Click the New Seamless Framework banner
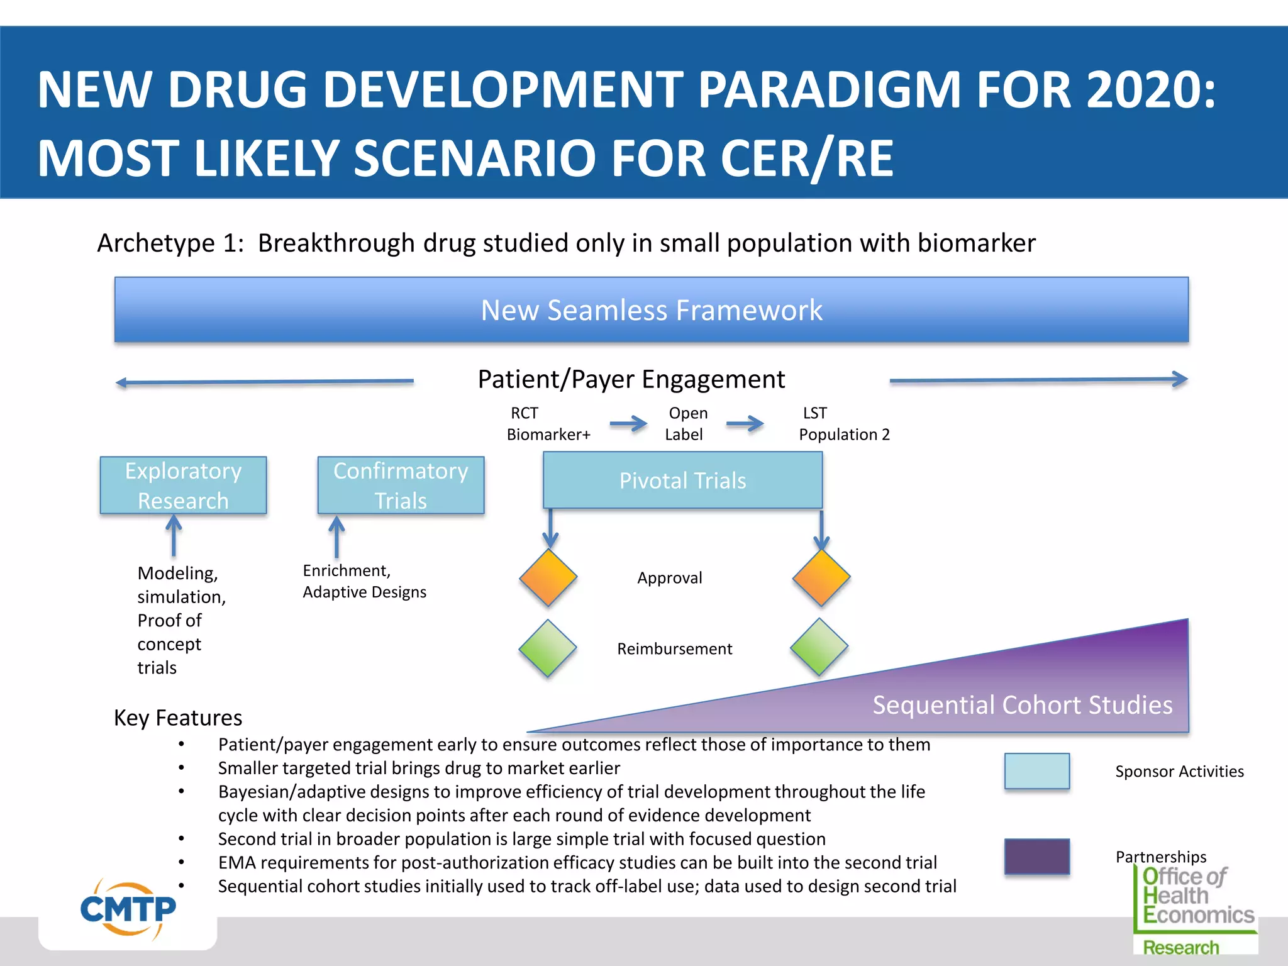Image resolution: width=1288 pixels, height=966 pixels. tap(651, 310)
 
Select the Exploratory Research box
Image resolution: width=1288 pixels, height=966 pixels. tap(183, 486)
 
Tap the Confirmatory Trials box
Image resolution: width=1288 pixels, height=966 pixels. tap(401, 486)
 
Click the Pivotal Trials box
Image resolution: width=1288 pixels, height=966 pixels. tap(682, 480)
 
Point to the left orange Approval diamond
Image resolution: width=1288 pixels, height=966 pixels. tap(548, 577)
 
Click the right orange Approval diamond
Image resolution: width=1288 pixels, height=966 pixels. tap(821, 577)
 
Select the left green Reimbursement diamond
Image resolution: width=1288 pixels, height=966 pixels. tap(548, 648)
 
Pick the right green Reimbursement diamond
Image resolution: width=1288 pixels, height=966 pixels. tap(819, 647)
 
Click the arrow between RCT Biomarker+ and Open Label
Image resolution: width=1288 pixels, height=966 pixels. tap(628, 424)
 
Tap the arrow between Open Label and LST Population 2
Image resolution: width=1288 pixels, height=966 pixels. tap(745, 424)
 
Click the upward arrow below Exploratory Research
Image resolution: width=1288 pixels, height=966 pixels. tap(174, 535)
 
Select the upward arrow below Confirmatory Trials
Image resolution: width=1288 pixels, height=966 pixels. tap(336, 536)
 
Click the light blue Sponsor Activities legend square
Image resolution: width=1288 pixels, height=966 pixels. tap(1036, 771)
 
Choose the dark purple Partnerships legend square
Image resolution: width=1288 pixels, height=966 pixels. tap(1036, 856)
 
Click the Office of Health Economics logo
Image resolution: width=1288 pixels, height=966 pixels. tap(1195, 909)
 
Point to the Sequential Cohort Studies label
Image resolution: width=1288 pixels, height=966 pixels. tap(1022, 705)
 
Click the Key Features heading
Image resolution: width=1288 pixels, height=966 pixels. tap(178, 718)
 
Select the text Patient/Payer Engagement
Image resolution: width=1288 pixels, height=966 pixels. tap(631, 379)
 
